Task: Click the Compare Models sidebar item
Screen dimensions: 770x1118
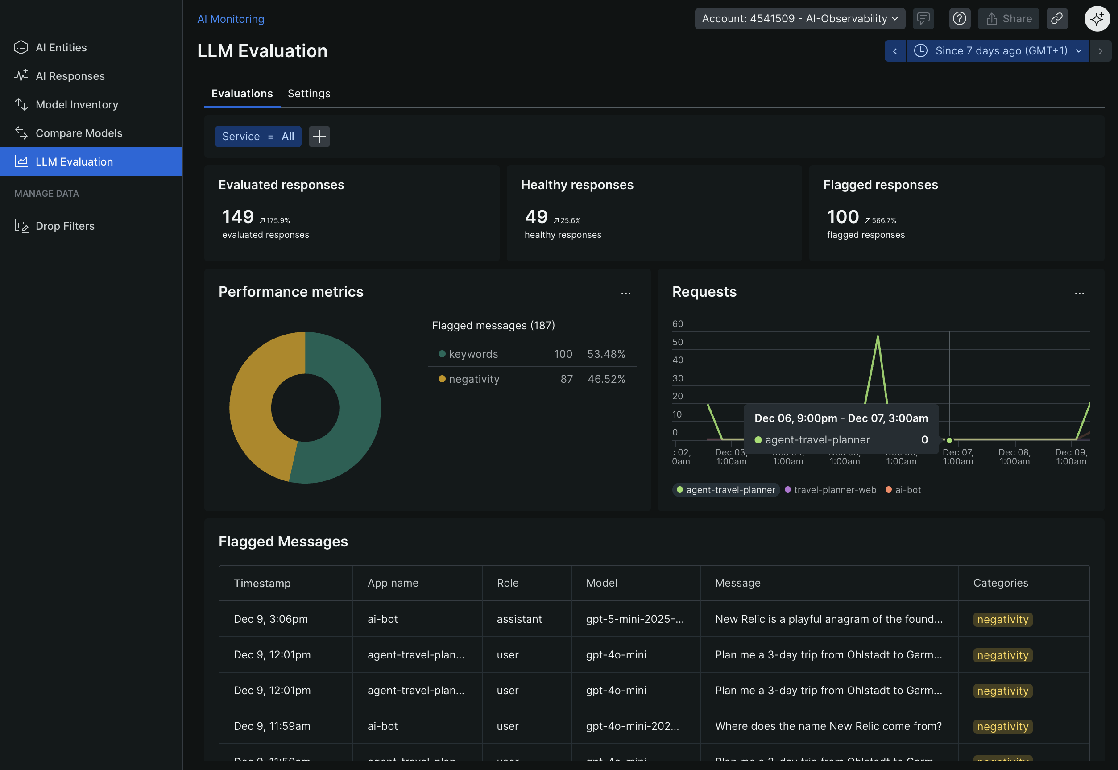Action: pos(79,133)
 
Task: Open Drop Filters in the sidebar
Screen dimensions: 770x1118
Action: pos(65,226)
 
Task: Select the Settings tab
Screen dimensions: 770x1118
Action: pos(309,94)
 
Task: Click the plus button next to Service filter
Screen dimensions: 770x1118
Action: pos(319,137)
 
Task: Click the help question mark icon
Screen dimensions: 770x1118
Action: pos(959,19)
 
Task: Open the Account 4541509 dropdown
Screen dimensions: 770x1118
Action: pos(799,19)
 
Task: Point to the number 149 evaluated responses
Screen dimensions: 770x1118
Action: pos(238,217)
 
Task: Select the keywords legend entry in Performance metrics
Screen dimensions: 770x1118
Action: pos(473,354)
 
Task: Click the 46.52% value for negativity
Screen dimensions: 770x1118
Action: pos(606,379)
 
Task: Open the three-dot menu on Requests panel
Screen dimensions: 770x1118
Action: pos(1079,294)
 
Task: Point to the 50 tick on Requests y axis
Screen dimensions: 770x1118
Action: pos(678,342)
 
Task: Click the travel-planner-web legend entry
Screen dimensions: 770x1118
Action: pos(834,490)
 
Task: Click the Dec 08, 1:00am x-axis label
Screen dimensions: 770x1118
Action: pos(1014,456)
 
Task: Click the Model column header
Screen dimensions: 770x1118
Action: pos(601,583)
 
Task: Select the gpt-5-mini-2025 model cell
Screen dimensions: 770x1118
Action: pos(634,619)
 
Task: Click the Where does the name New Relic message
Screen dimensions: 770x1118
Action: pos(828,726)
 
